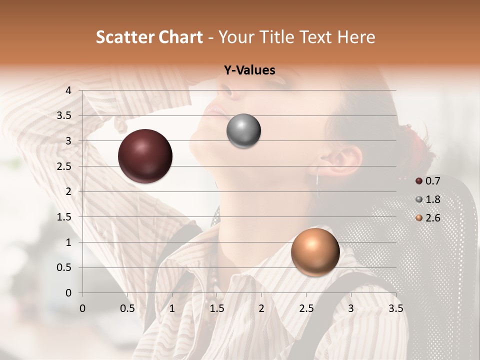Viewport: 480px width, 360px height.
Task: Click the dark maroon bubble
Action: click(145, 156)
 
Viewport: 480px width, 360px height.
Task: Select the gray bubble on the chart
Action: click(243, 131)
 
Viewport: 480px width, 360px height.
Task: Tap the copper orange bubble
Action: click(315, 252)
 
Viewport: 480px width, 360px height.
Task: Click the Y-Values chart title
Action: click(249, 70)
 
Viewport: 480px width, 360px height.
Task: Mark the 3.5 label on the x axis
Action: click(395, 308)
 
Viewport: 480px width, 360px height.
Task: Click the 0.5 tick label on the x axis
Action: click(127, 308)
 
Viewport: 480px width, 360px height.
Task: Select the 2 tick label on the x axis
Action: click(261, 308)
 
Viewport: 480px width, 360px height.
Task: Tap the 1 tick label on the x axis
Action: click(172, 308)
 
